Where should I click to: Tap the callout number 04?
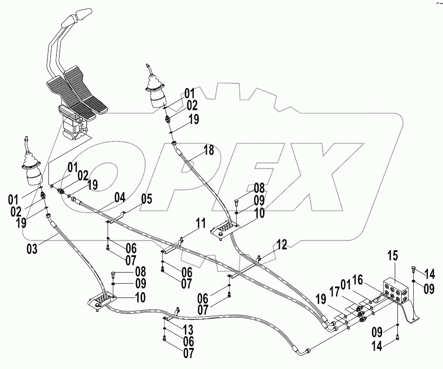click(x=120, y=197)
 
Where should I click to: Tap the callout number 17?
click(x=334, y=290)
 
